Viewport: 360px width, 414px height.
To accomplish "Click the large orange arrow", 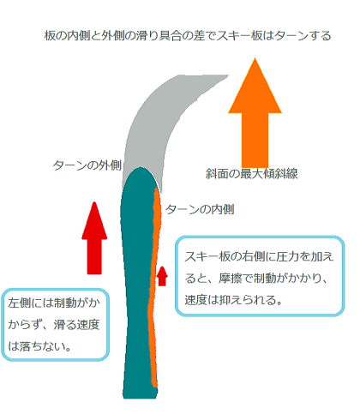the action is coord(255,114).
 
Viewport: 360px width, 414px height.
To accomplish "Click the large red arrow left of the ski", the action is coord(94,238).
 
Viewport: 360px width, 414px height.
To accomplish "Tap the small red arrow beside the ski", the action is coord(162,276).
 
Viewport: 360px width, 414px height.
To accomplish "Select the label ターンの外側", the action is coord(87,165).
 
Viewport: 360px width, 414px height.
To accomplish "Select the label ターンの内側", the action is coord(200,209).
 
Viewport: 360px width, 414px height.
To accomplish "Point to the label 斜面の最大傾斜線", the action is coord(252,174).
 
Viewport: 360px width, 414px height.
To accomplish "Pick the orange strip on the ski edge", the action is coord(154,285).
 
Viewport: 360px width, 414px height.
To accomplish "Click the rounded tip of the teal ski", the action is coord(140,169).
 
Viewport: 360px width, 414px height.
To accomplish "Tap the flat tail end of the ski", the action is coord(140,397).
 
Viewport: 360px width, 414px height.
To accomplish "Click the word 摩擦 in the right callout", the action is coord(231,278).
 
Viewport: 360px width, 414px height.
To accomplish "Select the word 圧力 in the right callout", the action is coord(287,256).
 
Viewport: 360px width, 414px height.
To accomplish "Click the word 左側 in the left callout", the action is coord(20,303).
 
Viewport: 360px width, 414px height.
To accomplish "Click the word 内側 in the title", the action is coord(79,36).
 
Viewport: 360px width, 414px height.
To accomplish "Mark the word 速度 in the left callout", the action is coord(88,325).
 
